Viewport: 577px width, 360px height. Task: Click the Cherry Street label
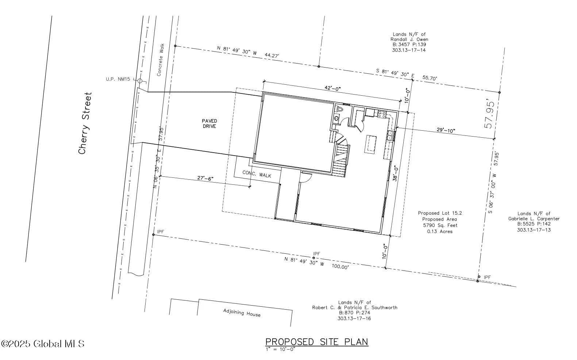[85, 123]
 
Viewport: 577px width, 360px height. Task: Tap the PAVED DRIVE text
[209, 123]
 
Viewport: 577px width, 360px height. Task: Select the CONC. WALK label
[257, 174]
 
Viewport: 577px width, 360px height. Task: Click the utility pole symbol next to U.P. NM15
[140, 81]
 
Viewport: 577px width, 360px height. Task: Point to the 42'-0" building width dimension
[332, 88]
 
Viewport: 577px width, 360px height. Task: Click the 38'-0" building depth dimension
[396, 173]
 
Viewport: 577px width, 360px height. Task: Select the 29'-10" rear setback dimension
[446, 130]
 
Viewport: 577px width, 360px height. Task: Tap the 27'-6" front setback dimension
[205, 178]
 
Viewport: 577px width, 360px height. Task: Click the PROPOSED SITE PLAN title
[317, 342]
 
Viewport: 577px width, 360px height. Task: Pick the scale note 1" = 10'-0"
[281, 349]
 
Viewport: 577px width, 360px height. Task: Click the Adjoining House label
[242, 313]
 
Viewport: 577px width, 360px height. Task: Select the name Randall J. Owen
[409, 39]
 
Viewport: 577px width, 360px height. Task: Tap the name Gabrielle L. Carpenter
[534, 219]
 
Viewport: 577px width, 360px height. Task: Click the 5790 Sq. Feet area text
[440, 225]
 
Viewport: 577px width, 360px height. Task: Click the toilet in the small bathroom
[339, 109]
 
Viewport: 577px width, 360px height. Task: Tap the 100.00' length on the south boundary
[340, 267]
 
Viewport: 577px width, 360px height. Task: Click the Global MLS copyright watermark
[43, 344]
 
